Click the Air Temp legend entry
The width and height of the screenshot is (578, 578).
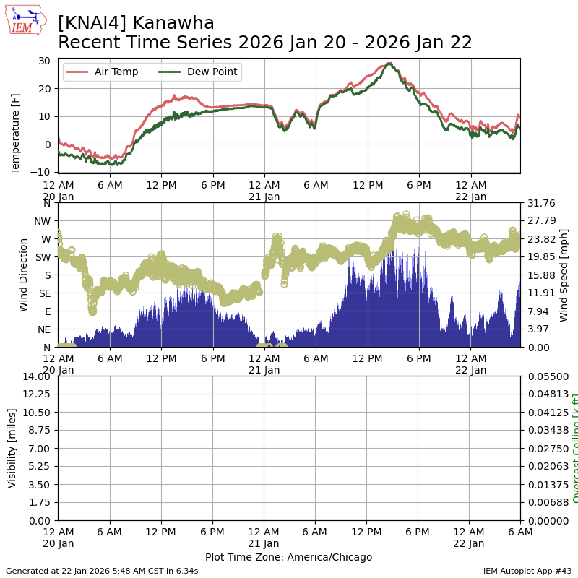point(116,72)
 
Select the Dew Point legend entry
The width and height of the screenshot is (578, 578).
point(211,72)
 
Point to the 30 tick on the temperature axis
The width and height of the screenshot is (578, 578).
point(45,61)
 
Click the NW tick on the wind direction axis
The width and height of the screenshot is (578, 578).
point(45,220)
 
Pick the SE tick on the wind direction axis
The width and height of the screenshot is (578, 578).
point(46,293)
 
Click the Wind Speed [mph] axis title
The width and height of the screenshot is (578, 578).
point(564,275)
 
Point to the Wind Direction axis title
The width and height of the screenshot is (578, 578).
point(24,275)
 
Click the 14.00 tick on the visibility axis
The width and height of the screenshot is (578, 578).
point(36,376)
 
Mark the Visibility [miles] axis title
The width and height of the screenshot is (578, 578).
point(12,448)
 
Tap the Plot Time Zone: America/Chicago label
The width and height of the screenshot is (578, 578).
point(288,557)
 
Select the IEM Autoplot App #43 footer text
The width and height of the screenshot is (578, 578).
point(527,571)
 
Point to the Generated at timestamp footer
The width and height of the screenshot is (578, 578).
point(102,571)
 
